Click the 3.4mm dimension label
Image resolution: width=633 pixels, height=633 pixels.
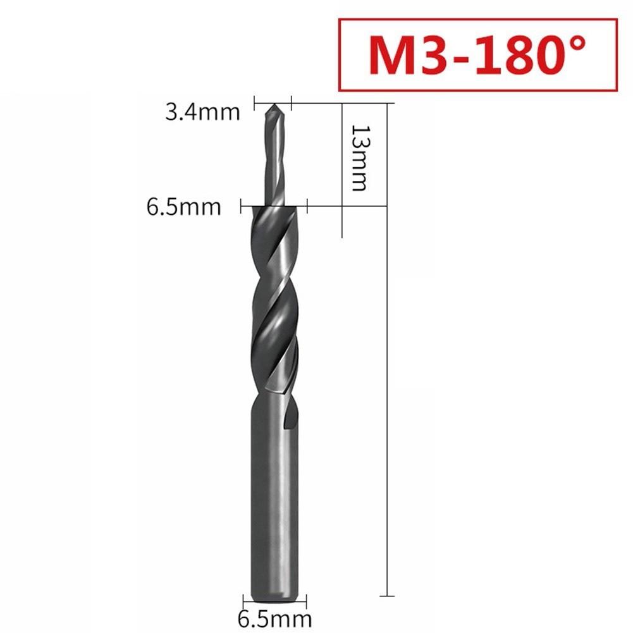(202, 113)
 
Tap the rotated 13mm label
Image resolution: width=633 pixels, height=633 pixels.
(359, 157)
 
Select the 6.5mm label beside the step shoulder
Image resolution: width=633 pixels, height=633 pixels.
(184, 207)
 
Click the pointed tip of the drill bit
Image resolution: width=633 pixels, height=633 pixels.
(273, 106)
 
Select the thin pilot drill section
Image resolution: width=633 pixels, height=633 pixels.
(273, 158)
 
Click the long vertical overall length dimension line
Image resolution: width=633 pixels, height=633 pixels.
(386, 379)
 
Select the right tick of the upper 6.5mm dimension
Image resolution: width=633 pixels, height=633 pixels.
(307, 206)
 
